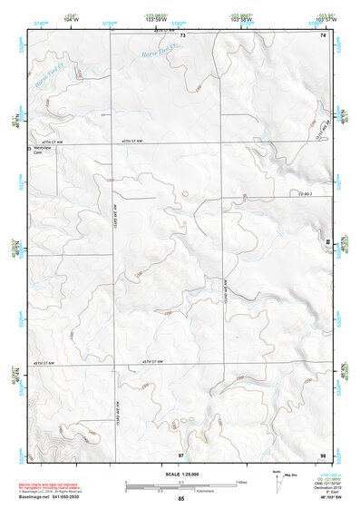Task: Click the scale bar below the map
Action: click(179, 486)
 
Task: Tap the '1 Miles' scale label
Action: click(240, 482)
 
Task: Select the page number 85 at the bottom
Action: click(180, 500)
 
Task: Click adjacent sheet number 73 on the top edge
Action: click(182, 34)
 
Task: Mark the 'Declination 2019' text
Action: click(324, 485)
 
